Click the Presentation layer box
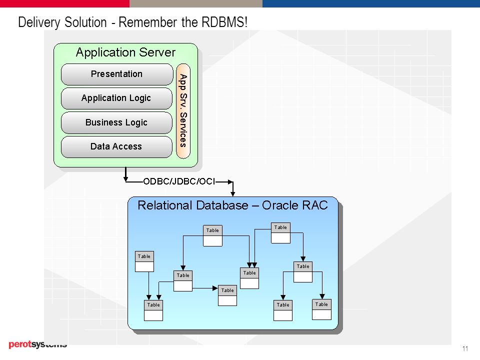(117, 74)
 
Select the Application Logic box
(116, 98)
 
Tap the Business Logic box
(116, 122)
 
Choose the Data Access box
(116, 146)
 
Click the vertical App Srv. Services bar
(183, 111)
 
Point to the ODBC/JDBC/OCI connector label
(179, 181)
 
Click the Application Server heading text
(125, 52)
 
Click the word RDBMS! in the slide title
(224, 22)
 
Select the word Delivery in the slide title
(39, 22)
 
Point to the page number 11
(465, 348)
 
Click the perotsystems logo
(37, 344)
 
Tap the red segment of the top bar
(64, 3)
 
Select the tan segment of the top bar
(196, 3)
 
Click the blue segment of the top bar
(371, 3)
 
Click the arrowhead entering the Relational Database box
(232, 194)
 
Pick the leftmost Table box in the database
(144, 261)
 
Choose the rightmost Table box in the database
(321, 309)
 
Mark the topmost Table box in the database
(280, 233)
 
